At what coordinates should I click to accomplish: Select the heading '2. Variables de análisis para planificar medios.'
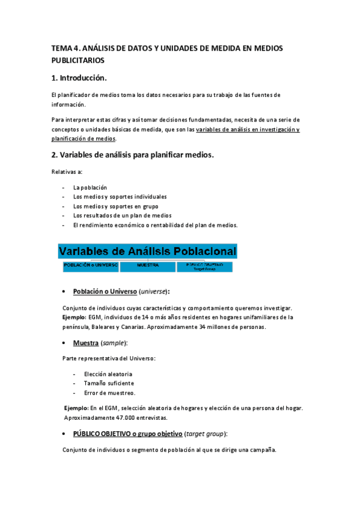pos(132,155)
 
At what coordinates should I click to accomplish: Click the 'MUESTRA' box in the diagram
pos(147,265)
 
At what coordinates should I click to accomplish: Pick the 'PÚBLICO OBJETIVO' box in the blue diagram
pos(207,265)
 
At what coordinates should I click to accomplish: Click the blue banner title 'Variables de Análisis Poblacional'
pos(148,251)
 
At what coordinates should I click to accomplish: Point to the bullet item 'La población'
pos(90,187)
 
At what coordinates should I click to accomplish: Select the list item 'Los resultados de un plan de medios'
pos(122,215)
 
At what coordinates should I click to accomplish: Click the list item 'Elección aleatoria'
pos(108,374)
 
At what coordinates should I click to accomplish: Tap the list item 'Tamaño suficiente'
pos(109,384)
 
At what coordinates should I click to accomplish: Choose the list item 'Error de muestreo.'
pos(109,393)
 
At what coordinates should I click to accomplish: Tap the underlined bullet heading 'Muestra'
pos(86,343)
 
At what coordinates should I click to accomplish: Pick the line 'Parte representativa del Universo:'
pos(109,358)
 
